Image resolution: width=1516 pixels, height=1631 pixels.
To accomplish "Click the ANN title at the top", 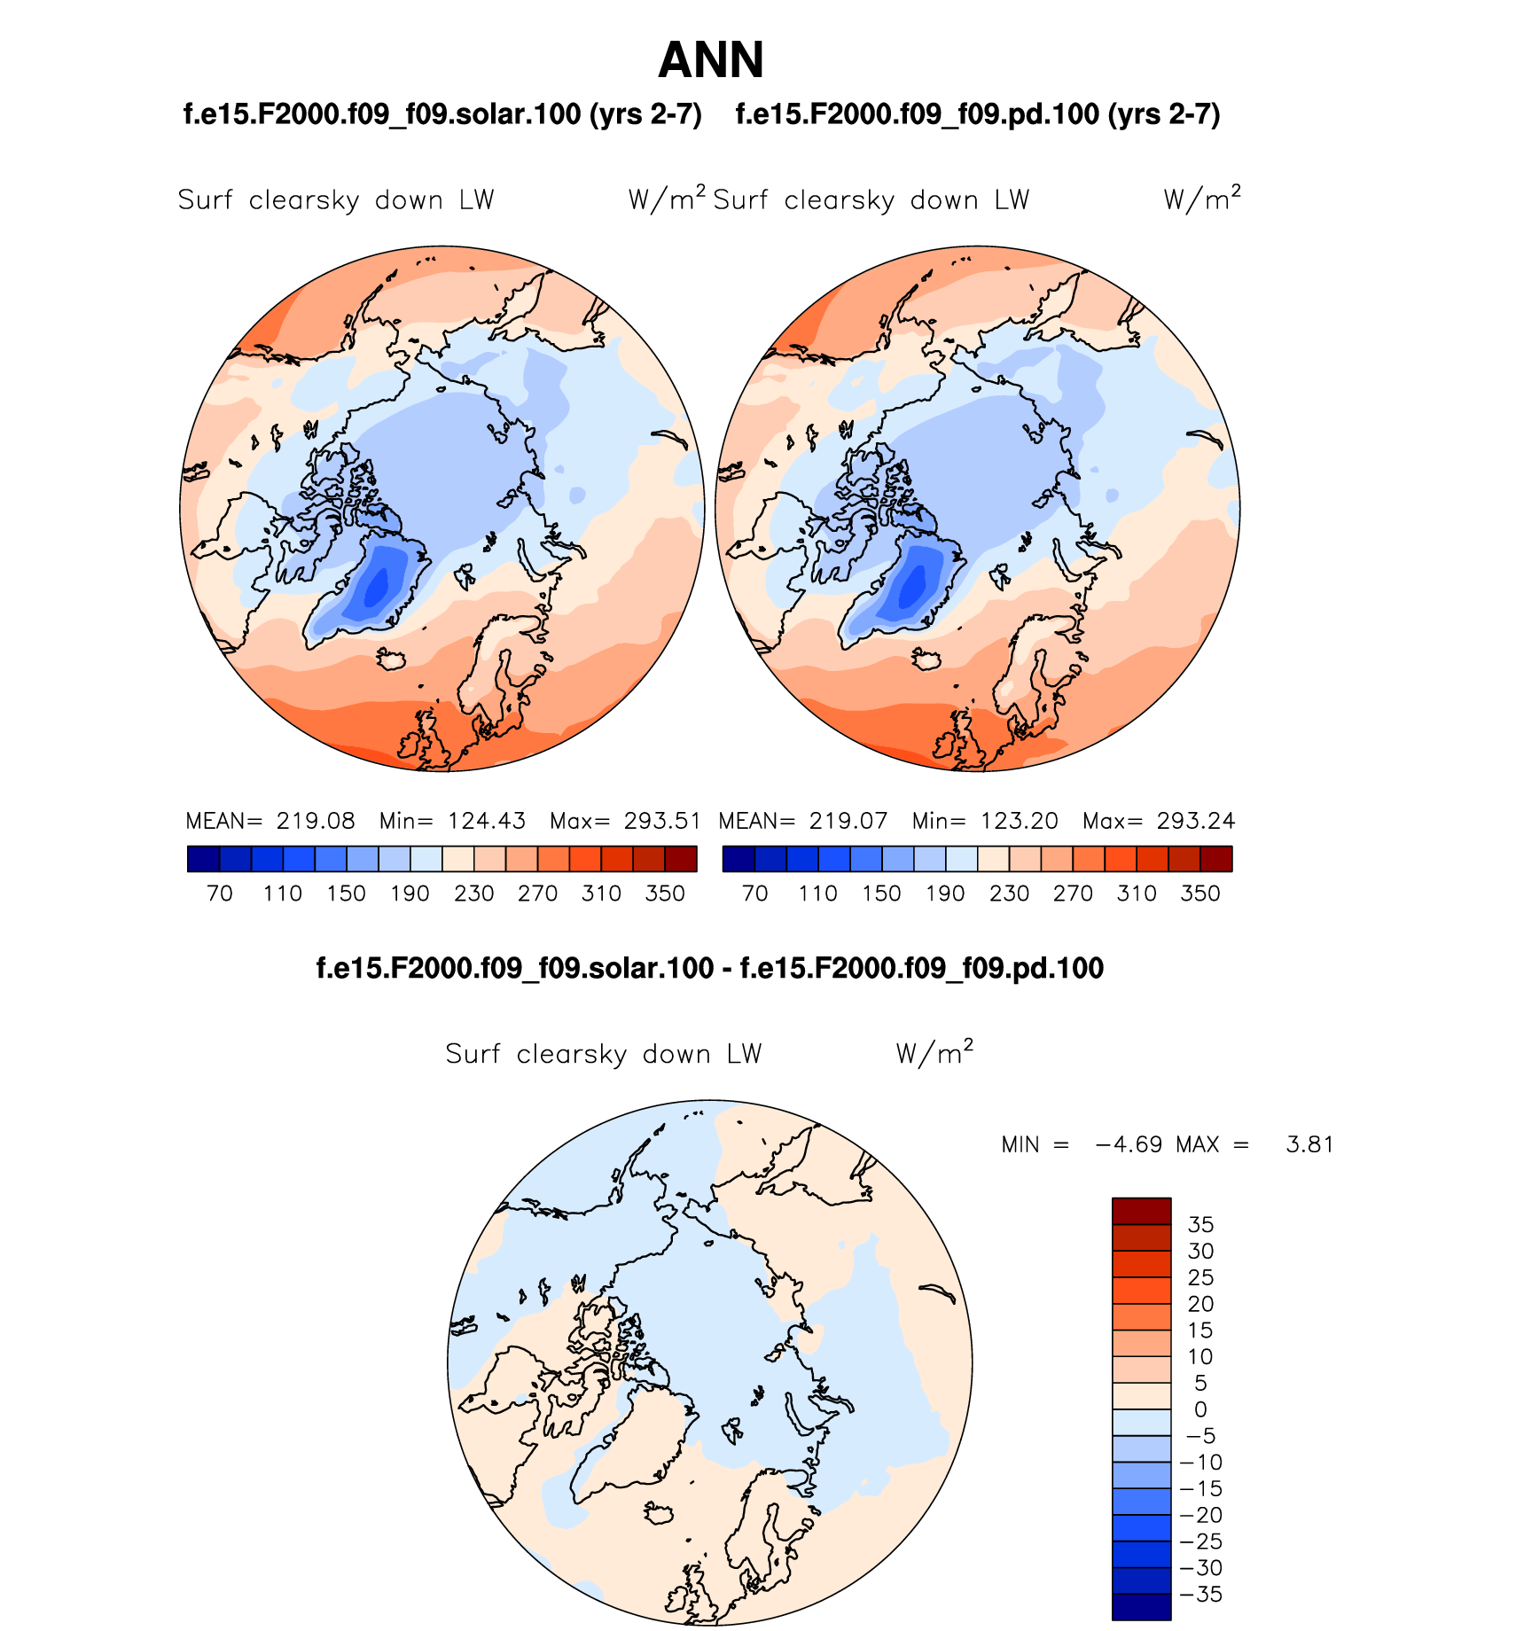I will (710, 60).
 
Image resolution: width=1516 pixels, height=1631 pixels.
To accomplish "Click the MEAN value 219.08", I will (316, 821).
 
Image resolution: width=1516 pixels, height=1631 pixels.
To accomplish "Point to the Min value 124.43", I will (487, 821).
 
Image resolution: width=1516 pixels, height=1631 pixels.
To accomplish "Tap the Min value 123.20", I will (1020, 821).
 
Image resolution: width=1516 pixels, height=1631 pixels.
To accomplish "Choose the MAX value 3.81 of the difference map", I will (1309, 1144).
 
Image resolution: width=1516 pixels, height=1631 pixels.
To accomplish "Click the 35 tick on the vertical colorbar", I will (1200, 1224).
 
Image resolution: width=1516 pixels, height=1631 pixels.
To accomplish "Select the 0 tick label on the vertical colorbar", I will (1200, 1409).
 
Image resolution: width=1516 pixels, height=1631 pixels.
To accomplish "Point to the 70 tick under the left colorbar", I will (219, 894).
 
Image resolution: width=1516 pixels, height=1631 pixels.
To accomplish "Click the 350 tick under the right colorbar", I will (1200, 894).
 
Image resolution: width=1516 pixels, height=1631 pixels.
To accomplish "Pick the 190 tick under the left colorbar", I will (410, 894).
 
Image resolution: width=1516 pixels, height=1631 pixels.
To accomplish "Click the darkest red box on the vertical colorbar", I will (1141, 1211).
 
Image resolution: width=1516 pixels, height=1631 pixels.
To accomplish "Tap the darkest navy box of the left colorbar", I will (203, 859).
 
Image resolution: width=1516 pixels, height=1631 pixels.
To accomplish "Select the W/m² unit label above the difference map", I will (934, 1053).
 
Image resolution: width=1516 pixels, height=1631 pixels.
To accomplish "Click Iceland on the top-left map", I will (391, 659).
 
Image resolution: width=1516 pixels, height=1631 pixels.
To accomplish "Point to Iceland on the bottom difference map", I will (660, 1512).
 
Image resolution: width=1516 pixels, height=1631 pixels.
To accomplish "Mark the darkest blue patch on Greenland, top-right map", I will (911, 587).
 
